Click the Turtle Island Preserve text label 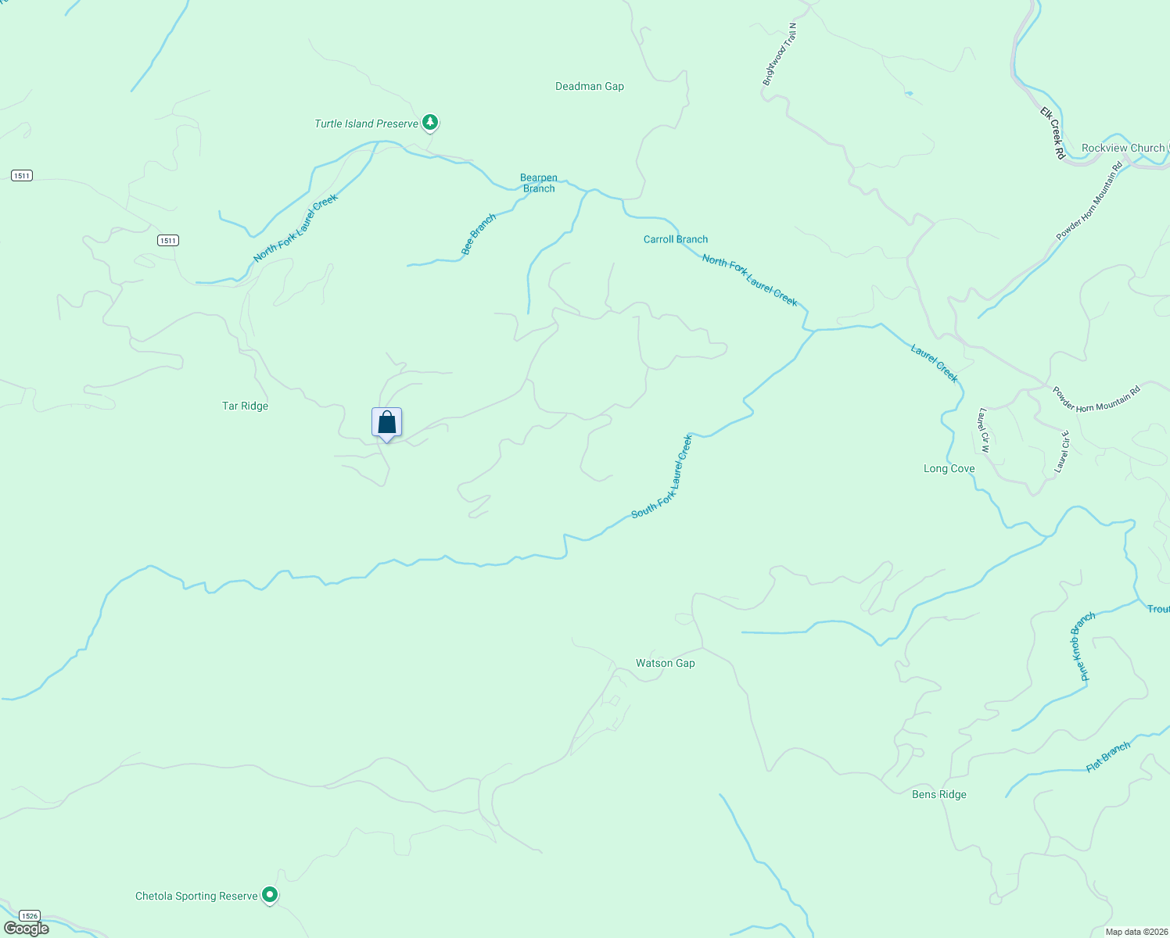[366, 124]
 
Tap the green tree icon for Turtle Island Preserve [429, 122]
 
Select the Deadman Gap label [590, 86]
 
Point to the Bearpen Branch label [539, 183]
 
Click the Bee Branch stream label [479, 234]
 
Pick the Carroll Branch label [676, 239]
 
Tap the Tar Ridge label [245, 406]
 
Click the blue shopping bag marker [386, 423]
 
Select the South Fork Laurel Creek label [662, 476]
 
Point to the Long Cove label [949, 468]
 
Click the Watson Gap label [665, 663]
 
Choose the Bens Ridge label [939, 794]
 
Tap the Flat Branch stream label [1108, 757]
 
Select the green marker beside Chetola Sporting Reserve [270, 893]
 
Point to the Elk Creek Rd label [1053, 134]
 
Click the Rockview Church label [1123, 148]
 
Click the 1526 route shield [29, 915]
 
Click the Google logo [27, 929]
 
